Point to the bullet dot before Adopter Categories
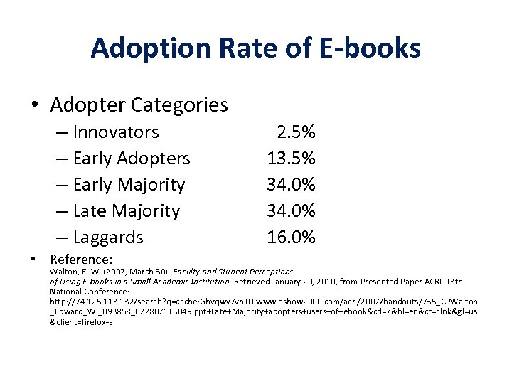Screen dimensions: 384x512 pyautogui.click(x=35, y=106)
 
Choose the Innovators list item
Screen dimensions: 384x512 pyautogui.click(x=116, y=132)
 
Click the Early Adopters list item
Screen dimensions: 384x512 pyautogui.click(x=132, y=159)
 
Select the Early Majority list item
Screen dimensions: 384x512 pyautogui.click(x=129, y=185)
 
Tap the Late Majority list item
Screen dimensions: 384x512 pyautogui.click(x=127, y=211)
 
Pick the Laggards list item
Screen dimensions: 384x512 pyautogui.click(x=108, y=238)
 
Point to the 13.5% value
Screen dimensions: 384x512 pyautogui.click(x=291, y=159)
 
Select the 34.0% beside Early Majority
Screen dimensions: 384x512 pyautogui.click(x=291, y=185)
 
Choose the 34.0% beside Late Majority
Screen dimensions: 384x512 pyautogui.click(x=291, y=211)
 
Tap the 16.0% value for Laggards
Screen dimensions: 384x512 pyautogui.click(x=291, y=238)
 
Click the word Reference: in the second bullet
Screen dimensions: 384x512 pyautogui.click(x=82, y=260)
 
